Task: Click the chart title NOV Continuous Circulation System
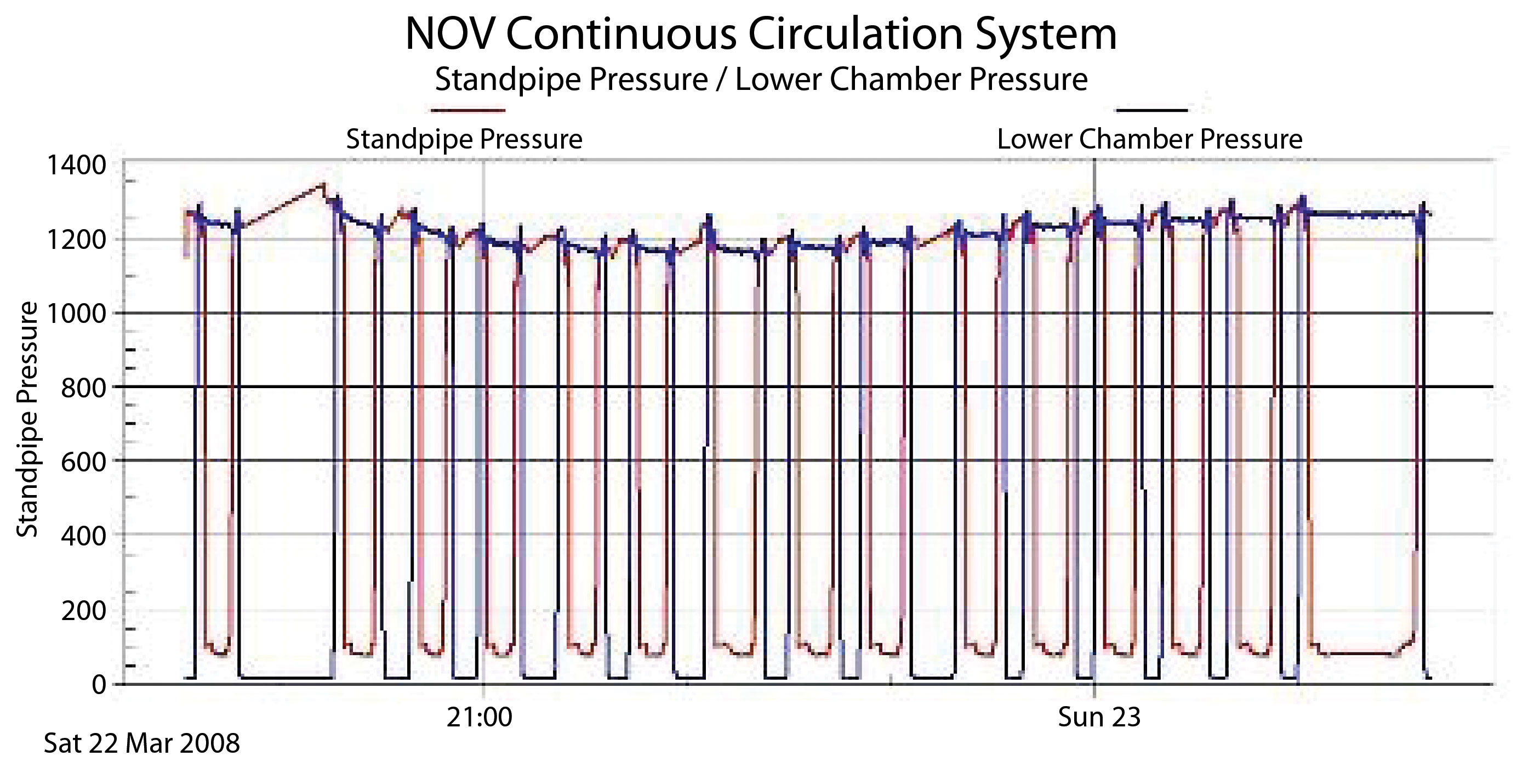761,34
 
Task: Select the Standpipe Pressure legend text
464,139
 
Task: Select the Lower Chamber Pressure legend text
1149,139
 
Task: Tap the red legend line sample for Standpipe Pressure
468,110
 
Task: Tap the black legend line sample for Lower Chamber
1151,110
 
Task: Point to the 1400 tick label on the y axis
76,165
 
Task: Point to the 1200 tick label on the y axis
76,240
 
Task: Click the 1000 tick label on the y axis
76,313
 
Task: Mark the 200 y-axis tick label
83,610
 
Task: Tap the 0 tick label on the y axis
99,685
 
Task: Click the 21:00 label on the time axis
480,717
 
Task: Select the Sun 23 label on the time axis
1099,717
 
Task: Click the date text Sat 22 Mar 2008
142,743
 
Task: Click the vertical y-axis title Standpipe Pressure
27,419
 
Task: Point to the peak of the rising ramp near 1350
323,184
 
